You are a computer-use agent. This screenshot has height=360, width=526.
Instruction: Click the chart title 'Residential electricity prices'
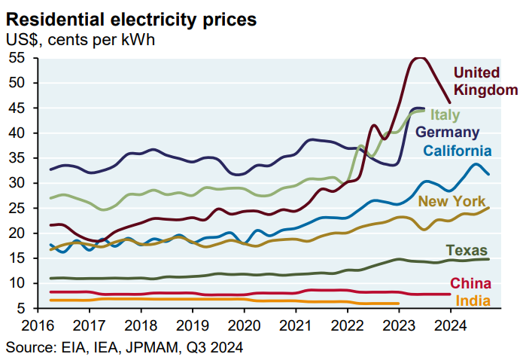coord(131,16)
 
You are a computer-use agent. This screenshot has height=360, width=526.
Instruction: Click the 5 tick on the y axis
coord(22,308)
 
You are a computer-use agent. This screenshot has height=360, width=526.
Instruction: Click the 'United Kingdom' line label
coord(485,81)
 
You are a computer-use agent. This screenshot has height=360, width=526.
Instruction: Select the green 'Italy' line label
coord(445,114)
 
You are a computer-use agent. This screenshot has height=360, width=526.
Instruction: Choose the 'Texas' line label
coord(467,250)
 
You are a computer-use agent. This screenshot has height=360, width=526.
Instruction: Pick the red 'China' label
coord(470,283)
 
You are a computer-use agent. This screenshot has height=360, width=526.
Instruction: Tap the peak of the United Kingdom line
coord(420,57)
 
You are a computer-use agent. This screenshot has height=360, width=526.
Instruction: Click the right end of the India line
coord(398,304)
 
